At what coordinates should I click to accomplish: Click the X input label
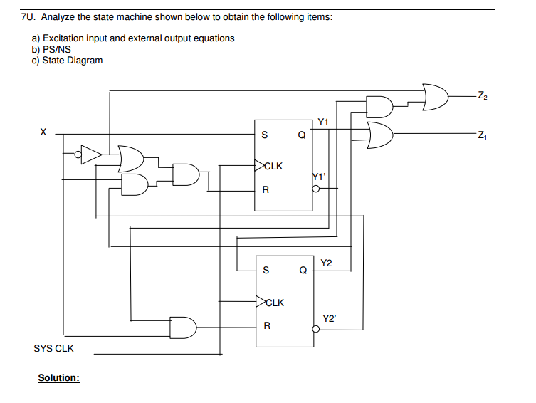43,132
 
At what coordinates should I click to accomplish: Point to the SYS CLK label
53,349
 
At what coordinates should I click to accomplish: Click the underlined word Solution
58,377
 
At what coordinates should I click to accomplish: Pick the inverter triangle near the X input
91,152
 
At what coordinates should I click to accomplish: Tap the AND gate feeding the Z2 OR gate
379,106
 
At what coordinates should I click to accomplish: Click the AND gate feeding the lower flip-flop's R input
183,327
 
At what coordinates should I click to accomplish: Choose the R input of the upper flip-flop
266,190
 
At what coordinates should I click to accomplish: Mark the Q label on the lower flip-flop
303,271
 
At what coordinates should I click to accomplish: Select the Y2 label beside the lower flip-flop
326,263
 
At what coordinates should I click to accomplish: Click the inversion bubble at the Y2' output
316,330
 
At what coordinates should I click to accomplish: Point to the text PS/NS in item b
56,49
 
